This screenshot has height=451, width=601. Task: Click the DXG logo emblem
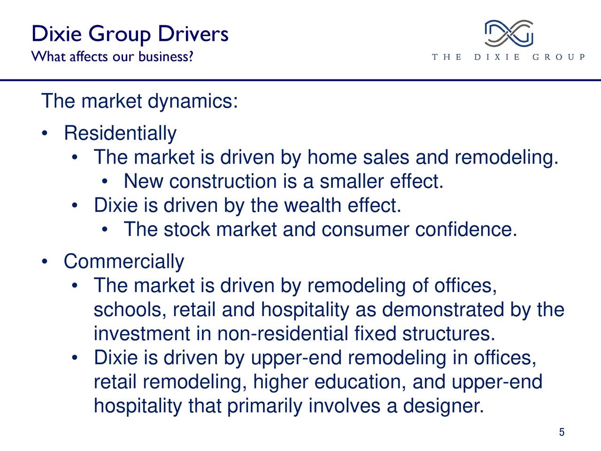point(509,33)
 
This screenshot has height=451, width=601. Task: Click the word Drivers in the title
point(193,34)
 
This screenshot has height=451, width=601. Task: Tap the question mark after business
point(190,56)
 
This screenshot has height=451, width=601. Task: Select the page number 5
point(562,432)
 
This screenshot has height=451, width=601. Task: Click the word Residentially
point(120,133)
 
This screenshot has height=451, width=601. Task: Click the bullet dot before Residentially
point(45,133)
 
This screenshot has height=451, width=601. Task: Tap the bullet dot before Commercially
point(45,262)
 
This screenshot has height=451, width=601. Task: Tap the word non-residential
point(283,333)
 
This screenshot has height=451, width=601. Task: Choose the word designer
point(443,406)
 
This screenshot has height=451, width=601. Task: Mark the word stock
point(187,229)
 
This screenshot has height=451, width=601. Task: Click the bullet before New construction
point(104,182)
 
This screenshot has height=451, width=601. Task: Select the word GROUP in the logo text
point(558,57)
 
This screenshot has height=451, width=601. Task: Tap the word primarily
point(264,406)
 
